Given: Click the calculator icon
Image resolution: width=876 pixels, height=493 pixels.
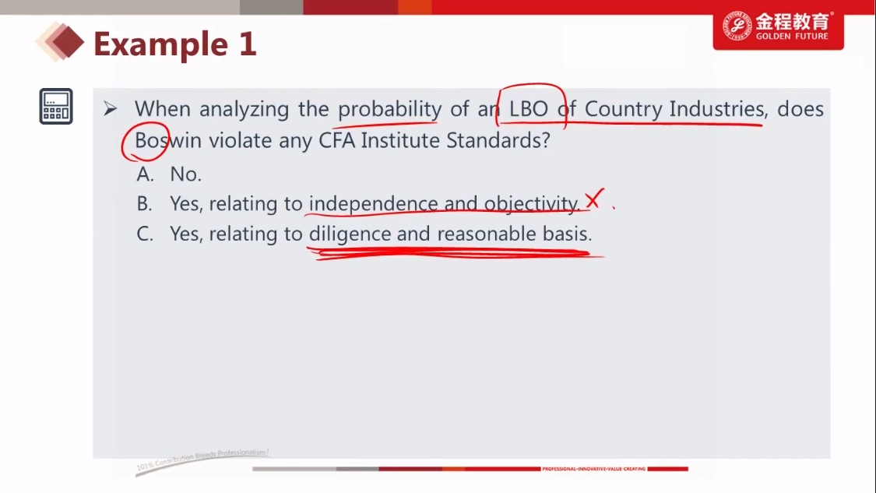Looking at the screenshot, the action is (56, 106).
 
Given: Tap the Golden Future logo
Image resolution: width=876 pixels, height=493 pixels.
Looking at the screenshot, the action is (778, 26).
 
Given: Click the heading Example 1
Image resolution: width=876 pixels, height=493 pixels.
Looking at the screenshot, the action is (175, 44).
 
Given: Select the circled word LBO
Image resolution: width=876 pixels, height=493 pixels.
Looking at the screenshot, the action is (529, 108).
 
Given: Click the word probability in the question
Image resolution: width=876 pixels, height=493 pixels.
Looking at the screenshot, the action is (390, 108).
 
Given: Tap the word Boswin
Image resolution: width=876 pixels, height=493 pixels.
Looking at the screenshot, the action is (168, 140).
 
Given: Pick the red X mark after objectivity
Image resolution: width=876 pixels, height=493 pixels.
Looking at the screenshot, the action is (594, 199).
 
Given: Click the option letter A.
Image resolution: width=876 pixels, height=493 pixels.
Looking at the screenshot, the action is (145, 174).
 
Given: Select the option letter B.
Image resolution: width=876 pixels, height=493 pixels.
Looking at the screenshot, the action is (144, 204).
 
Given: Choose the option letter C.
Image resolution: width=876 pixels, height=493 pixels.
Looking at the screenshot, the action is (145, 234).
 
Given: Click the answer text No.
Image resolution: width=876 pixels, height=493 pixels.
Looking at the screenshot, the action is (185, 174).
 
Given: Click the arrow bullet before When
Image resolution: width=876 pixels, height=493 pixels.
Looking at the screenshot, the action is (110, 108).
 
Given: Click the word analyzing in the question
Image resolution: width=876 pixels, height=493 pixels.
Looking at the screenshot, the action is (244, 109).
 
